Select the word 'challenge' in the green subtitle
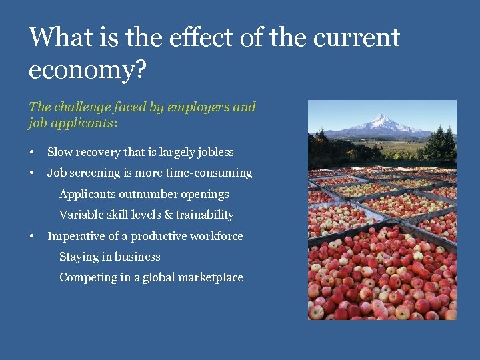80,107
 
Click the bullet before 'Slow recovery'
32,153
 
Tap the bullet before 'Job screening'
32,173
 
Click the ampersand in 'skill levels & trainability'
168,215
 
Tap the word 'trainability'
205,215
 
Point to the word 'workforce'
216,236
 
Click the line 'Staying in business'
110,257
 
